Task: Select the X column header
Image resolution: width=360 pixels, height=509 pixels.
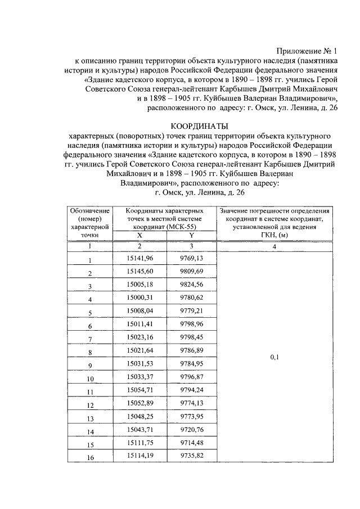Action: pyautogui.click(x=140, y=235)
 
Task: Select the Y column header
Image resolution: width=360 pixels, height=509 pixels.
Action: pyautogui.click(x=191, y=235)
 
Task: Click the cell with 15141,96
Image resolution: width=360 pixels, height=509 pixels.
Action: pyautogui.click(x=140, y=258)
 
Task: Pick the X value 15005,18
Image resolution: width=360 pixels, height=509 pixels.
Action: pyautogui.click(x=140, y=285)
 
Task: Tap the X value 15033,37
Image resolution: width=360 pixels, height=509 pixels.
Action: pyautogui.click(x=140, y=377)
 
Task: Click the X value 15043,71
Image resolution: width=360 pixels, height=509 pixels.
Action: pyautogui.click(x=140, y=430)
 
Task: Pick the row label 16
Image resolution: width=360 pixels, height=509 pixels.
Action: pyautogui.click(x=89, y=458)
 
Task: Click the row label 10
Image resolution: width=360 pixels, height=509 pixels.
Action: pyautogui.click(x=89, y=379)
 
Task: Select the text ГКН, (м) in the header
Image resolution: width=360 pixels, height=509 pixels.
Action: pyautogui.click(x=275, y=235)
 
